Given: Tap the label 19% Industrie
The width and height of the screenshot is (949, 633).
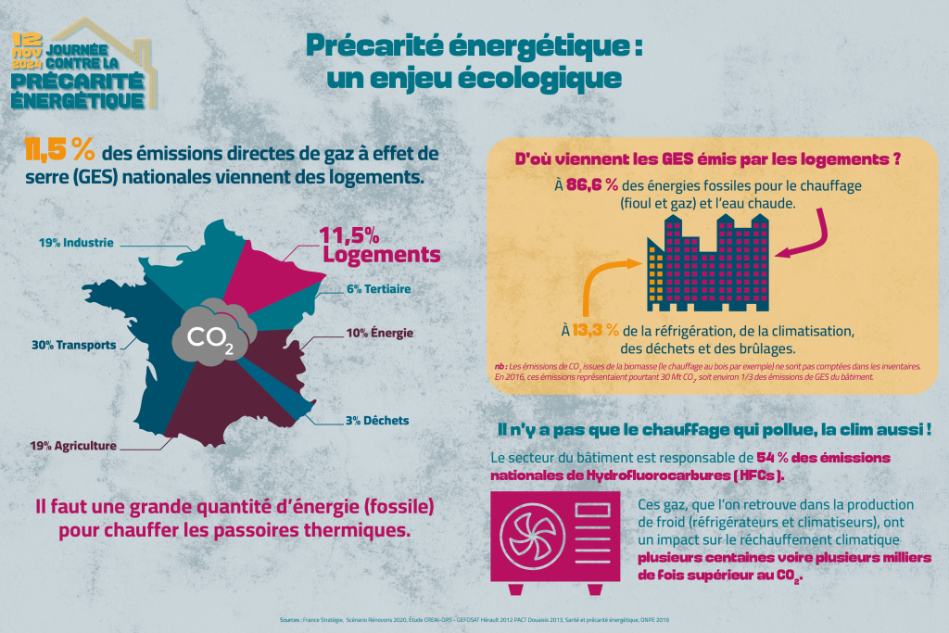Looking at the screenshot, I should [76, 243].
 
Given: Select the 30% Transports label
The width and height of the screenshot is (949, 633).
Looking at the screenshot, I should [74, 345].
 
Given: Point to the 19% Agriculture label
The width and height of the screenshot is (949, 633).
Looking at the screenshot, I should [73, 445].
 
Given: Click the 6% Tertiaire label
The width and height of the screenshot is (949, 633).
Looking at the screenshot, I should [378, 288].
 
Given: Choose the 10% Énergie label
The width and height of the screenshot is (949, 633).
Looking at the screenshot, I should [380, 333].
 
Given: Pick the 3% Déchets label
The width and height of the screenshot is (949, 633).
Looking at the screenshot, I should [376, 420].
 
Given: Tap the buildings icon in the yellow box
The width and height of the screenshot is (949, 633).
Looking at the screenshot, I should [709, 260].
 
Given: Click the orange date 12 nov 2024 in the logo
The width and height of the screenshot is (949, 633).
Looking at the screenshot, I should [27, 52].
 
